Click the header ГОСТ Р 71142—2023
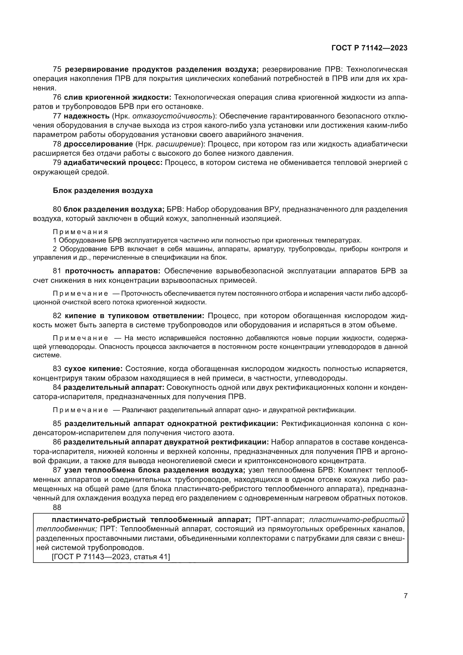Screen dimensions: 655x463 coord(369,48)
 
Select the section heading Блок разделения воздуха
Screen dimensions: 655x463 coord(103,191)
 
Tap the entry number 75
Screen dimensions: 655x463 coord(57,69)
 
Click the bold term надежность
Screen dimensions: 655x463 coord(86,116)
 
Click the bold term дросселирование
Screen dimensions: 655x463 coord(98,144)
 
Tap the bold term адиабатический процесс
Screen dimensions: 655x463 coord(113,163)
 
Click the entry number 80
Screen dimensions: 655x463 coord(57,209)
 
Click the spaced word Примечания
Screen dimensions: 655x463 coord(80,232)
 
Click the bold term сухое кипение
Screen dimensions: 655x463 coord(93,369)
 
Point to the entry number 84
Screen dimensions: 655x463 coord(57,387)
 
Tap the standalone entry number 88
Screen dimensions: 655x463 coord(57,507)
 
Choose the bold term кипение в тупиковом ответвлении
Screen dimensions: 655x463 coord(134,316)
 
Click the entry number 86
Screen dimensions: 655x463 coord(57,442)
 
